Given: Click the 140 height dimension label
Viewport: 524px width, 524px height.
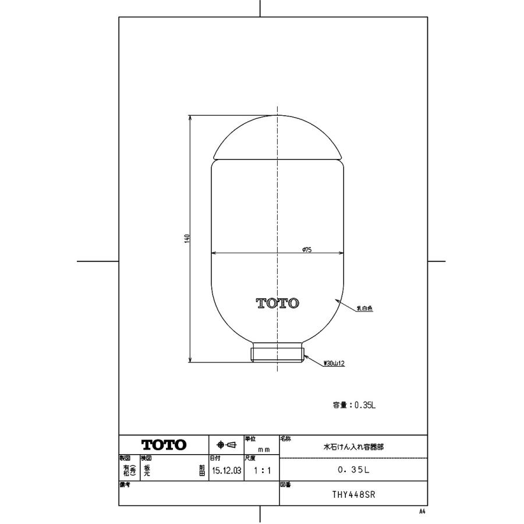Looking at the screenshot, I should [x=187, y=238].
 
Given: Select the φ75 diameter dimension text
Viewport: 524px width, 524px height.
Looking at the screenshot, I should [x=307, y=249].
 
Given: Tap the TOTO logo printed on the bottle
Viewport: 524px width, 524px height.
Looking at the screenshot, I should [x=278, y=303].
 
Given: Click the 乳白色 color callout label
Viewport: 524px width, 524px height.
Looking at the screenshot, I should [x=364, y=309].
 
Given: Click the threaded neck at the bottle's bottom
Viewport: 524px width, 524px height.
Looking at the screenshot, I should [x=278, y=353].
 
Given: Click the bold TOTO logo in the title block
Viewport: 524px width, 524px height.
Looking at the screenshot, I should [x=164, y=445].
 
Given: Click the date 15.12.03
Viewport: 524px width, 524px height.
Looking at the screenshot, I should [x=226, y=470].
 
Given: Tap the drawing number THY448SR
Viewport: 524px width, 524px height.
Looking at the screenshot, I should [x=353, y=494].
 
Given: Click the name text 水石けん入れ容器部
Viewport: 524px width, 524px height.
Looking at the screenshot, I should [x=353, y=447].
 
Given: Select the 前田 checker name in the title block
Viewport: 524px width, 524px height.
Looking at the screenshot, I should [x=203, y=470].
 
